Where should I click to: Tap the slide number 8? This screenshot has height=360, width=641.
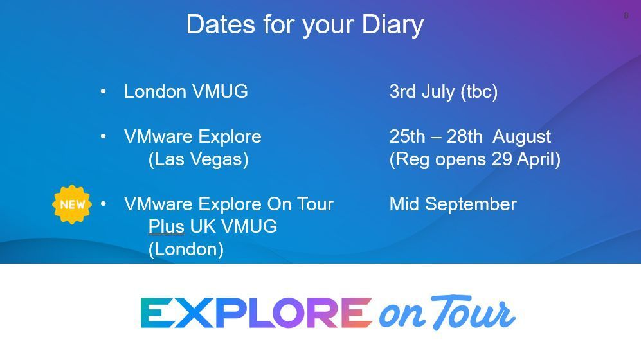(626, 15)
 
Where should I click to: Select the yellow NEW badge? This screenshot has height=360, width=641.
(72, 204)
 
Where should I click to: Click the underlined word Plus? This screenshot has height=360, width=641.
(166, 226)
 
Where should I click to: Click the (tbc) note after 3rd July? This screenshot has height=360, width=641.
(479, 91)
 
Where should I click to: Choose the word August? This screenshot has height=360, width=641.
(521, 136)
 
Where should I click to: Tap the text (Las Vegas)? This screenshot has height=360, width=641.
(198, 159)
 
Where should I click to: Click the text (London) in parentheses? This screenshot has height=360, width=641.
(186, 249)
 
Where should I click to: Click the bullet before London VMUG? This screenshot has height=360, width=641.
(104, 91)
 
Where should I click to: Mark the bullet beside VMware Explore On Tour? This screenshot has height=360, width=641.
(104, 204)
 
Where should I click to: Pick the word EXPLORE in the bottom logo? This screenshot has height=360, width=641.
(256, 313)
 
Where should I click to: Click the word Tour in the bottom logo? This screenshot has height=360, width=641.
(473, 313)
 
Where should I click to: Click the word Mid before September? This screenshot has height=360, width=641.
(404, 204)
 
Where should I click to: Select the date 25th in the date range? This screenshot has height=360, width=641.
(407, 136)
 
